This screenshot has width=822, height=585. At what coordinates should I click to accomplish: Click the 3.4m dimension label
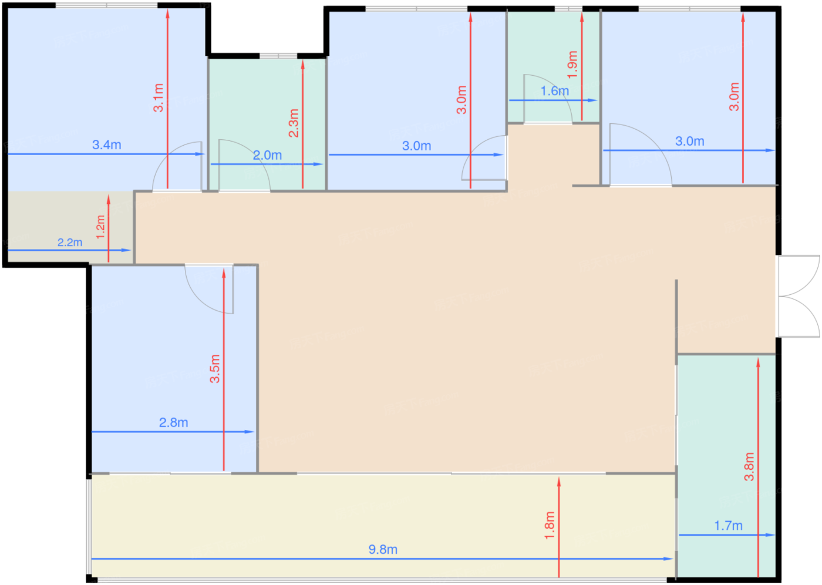pos(107,144)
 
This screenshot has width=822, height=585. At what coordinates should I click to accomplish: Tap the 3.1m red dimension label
pos(158,97)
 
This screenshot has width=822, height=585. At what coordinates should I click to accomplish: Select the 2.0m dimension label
pos(268,155)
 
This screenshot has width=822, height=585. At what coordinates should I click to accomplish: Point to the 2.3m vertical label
pos(294,123)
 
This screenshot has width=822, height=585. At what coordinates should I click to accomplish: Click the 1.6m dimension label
pos(555,91)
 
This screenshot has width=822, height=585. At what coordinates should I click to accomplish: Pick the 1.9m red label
pos(572,65)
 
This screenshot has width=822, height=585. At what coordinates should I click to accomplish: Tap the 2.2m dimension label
pos(70,242)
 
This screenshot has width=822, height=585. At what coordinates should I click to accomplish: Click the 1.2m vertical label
pos(100,227)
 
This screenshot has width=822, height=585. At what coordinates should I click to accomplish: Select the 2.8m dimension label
pos(174,422)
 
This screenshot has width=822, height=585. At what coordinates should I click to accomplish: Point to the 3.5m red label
pos(215,369)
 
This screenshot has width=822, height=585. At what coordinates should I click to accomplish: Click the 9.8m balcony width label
pos(383,549)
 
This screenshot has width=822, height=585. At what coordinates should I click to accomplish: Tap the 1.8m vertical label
pos(550,525)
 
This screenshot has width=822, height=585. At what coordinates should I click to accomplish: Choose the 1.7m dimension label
pos(729,526)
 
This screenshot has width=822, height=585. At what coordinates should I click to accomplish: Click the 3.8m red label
pos(749,467)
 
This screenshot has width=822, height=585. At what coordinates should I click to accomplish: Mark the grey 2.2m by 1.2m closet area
pos(70,227)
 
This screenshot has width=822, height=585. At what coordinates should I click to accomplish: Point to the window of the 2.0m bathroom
pos(278,56)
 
